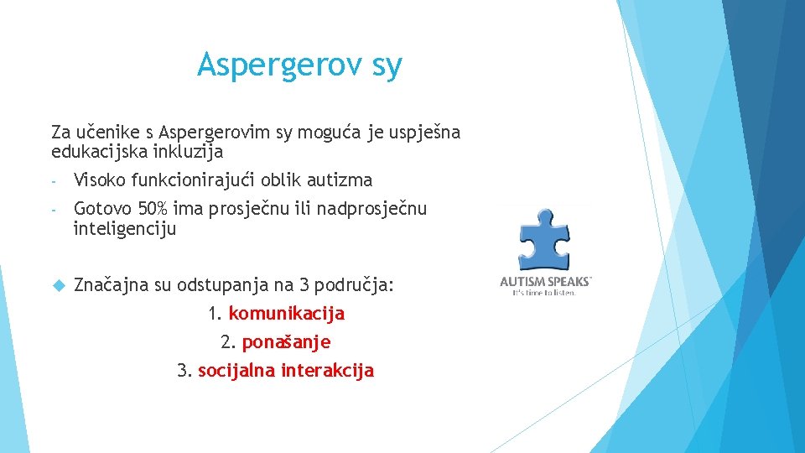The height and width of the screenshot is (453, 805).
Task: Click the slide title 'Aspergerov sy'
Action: click(x=299, y=65)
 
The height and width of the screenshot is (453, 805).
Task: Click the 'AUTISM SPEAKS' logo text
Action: click(x=546, y=282)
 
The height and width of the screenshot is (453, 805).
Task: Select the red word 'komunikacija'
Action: click(x=286, y=314)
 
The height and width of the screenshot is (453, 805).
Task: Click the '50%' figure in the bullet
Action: click(x=150, y=208)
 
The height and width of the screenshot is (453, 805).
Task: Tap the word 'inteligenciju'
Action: click(x=125, y=228)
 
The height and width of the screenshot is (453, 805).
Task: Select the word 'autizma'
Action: click(x=340, y=180)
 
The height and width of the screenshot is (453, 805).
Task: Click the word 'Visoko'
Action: click(x=100, y=180)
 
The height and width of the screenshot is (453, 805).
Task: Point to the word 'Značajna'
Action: click(x=110, y=284)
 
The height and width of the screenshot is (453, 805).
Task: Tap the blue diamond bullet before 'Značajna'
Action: click(x=58, y=285)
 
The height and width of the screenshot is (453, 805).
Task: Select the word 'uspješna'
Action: click(x=423, y=133)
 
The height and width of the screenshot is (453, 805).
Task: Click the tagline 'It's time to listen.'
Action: click(x=545, y=293)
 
